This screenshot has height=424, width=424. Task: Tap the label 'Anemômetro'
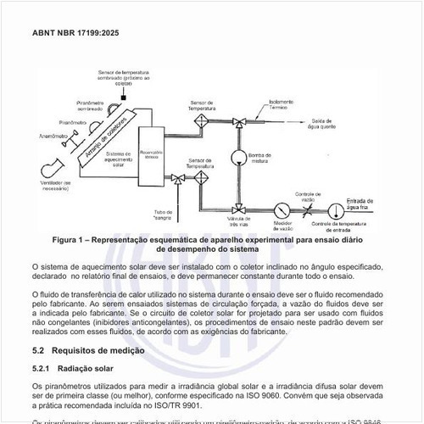[x=29, y=136]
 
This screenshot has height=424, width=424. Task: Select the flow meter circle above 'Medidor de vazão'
[x=278, y=209]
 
